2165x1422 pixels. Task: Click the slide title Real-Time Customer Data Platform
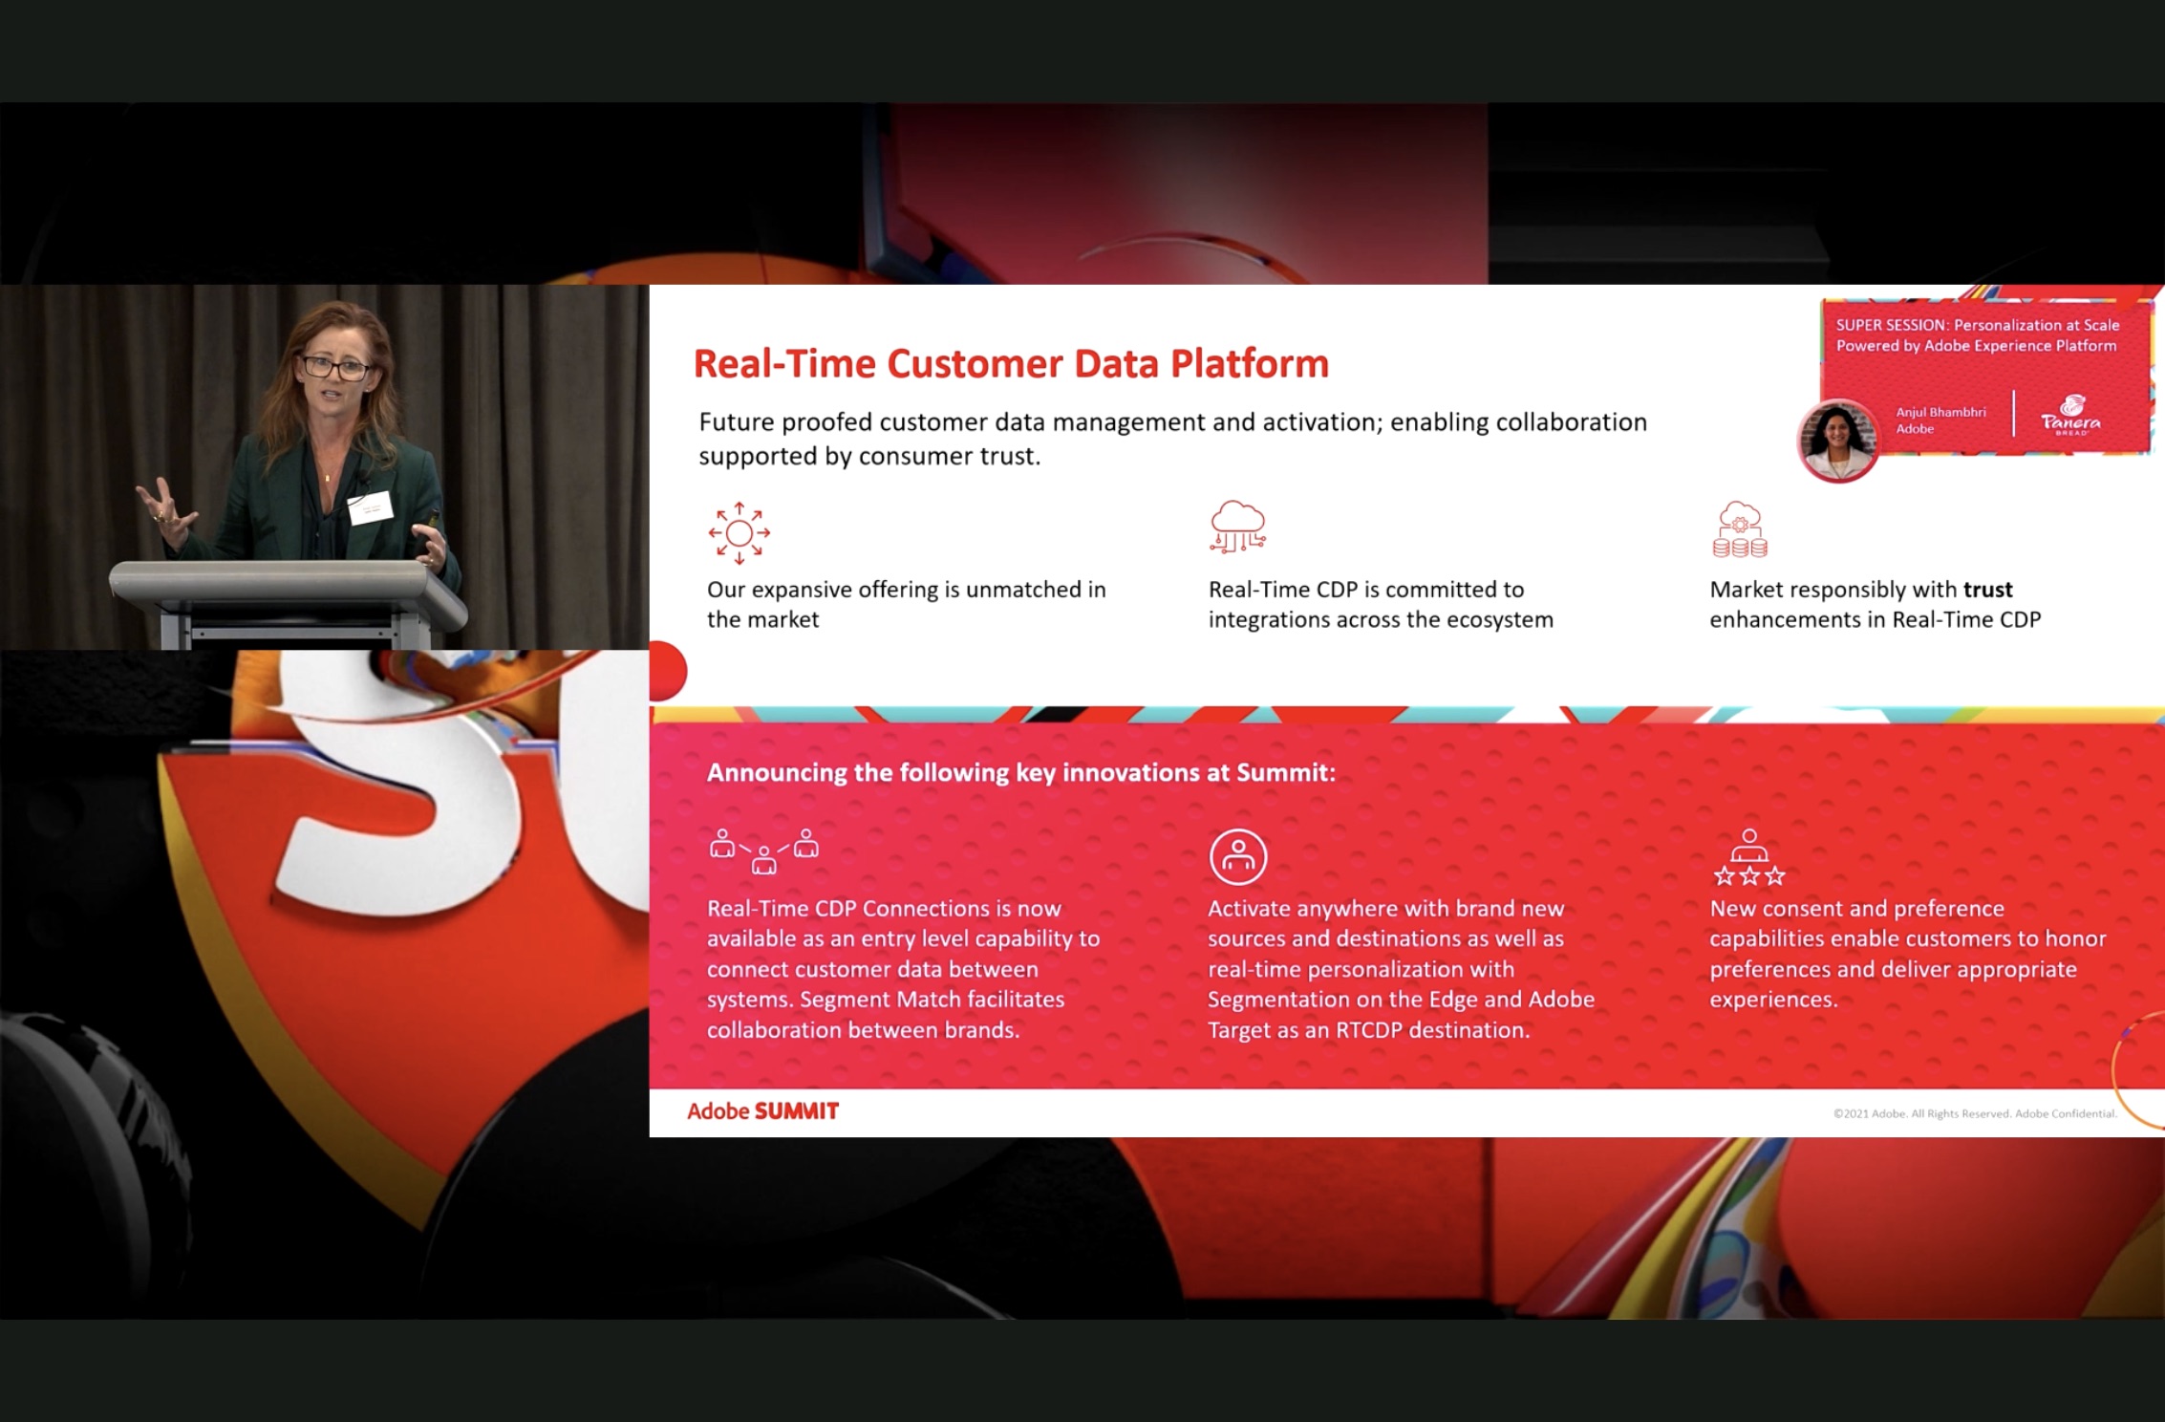click(1011, 363)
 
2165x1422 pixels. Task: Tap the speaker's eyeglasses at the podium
click(335, 367)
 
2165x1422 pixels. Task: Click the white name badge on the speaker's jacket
click(370, 506)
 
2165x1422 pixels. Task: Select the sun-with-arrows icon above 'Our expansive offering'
click(740, 532)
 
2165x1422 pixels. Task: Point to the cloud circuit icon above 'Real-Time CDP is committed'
click(1238, 527)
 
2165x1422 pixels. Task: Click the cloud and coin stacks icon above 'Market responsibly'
click(1740, 528)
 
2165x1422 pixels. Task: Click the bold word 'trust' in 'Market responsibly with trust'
click(1988, 590)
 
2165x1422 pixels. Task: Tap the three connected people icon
click(764, 851)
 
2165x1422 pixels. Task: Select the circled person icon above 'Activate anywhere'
click(1238, 856)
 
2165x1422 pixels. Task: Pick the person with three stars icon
click(1749, 857)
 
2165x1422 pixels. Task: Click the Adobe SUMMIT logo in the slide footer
click(762, 1111)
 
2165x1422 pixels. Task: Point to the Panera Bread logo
click(2070, 416)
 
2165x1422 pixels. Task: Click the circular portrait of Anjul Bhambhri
click(1837, 441)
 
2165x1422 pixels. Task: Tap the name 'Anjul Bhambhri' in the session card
click(1940, 412)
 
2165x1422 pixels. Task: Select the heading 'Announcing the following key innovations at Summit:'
click(1020, 772)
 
